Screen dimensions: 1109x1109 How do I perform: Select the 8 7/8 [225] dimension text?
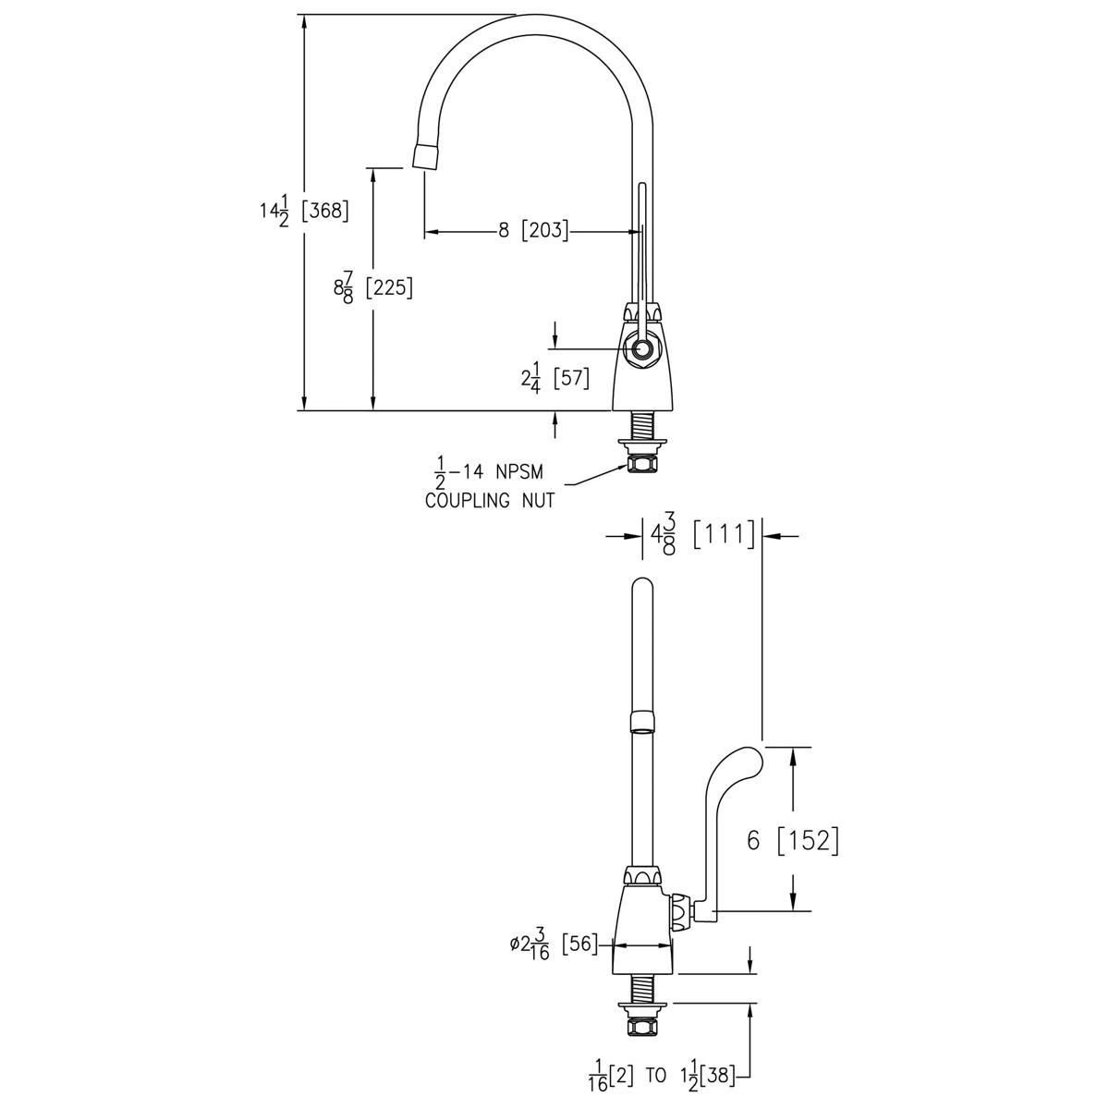coord(372,287)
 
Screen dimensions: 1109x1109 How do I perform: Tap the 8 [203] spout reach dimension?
coord(533,231)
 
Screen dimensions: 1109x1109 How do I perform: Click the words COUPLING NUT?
coord(490,501)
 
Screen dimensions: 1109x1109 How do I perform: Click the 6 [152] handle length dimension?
coord(792,840)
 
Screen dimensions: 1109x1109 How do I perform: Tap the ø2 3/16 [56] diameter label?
coord(553,945)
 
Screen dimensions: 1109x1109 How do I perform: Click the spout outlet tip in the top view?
coord(424,156)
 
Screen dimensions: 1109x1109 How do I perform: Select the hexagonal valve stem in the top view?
coord(640,350)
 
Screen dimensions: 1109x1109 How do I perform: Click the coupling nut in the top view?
coord(640,462)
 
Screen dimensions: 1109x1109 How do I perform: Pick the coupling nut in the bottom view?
coord(641,1026)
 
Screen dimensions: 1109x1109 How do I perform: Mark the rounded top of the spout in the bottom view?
coord(642,588)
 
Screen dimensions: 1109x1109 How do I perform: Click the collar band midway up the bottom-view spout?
coord(642,720)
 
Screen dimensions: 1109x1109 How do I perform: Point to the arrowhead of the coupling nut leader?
coord(620,468)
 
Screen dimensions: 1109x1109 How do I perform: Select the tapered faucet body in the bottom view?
coord(641,929)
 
